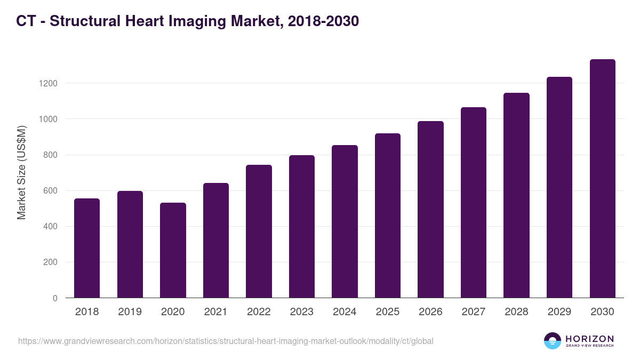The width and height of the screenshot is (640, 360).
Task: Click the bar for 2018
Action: [87, 248]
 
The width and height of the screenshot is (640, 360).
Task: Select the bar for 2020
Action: [173, 250]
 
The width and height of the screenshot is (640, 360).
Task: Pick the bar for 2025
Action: [387, 215]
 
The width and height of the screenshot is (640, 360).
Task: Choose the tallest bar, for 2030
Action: [602, 178]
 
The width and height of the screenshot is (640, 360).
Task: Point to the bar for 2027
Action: [474, 202]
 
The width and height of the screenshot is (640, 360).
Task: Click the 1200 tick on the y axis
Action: [47, 84]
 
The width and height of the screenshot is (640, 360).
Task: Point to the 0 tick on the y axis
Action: [55, 298]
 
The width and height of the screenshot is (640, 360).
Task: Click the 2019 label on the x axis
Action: [130, 312]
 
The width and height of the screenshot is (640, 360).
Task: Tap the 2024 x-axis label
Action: [345, 312]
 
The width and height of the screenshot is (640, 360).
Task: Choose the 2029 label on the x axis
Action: [559, 312]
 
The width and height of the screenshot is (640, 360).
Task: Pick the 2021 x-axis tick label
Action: [215, 312]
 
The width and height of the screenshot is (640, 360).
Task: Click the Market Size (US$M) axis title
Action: [22, 173]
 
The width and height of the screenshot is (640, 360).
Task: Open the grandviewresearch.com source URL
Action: [226, 341]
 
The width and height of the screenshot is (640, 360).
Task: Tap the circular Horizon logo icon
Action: [553, 341]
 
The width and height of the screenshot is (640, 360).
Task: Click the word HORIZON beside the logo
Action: [589, 339]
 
